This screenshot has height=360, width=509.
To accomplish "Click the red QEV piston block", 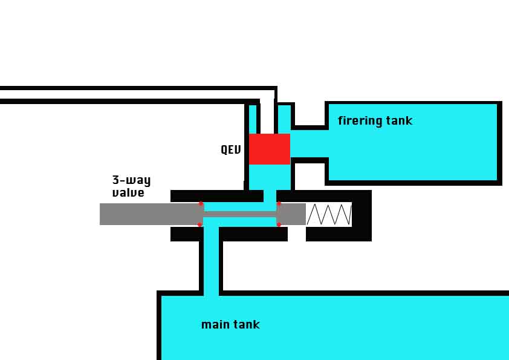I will pyautogui.click(x=270, y=149).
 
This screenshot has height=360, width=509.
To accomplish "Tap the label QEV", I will pyautogui.click(x=231, y=149).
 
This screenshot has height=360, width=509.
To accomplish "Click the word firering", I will pyautogui.click(x=361, y=121).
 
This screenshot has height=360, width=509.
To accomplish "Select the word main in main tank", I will pyautogui.click(x=214, y=325).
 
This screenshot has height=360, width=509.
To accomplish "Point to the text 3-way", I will pyautogui.click(x=131, y=180).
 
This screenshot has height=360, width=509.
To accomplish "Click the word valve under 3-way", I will pyautogui.click(x=128, y=193).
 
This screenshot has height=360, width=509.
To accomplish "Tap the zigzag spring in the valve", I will pyautogui.click(x=329, y=214).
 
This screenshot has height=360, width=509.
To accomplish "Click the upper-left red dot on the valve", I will pyautogui.click(x=201, y=203).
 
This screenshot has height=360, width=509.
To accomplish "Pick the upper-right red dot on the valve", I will pyautogui.click(x=279, y=203).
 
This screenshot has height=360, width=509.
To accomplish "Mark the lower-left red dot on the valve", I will pyautogui.click(x=200, y=224).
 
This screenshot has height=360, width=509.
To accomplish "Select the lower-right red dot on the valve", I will pyautogui.click(x=279, y=224).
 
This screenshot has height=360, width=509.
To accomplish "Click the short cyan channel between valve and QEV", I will pyautogui.click(x=270, y=196).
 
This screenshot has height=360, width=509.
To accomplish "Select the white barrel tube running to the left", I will pyautogui.click(x=121, y=94).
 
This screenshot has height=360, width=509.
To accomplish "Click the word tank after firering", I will pyautogui.click(x=400, y=121).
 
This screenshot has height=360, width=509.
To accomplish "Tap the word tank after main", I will pyautogui.click(x=247, y=325).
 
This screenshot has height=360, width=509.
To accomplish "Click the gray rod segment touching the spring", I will pyautogui.click(x=292, y=214).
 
